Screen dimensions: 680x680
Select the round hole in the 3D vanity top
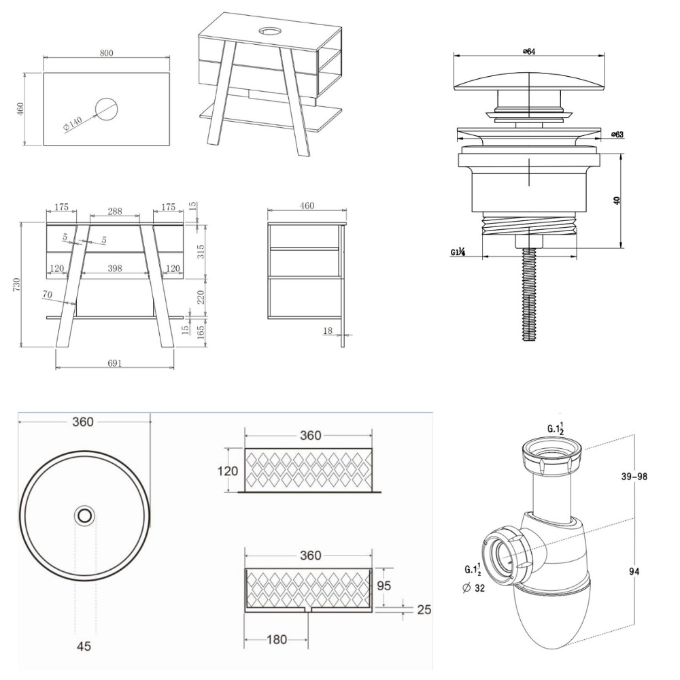(270, 31)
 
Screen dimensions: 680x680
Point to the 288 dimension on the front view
(115, 211)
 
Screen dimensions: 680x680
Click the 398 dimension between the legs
(115, 269)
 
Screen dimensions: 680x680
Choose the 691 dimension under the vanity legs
(115, 364)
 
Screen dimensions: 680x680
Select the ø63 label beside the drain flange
(617, 134)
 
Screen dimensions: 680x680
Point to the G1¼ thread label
(458, 252)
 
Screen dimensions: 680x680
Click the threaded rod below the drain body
(528, 299)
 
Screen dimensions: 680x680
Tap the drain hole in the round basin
(85, 515)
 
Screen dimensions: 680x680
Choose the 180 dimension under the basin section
(277, 639)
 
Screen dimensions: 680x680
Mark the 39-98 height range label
(632, 476)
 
